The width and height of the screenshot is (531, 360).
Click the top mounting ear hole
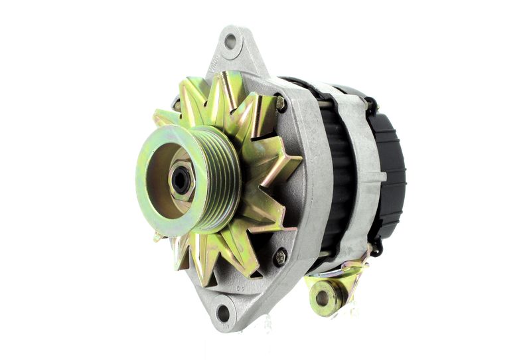coord(230,41)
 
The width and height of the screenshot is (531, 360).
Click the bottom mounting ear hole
coord(223,313)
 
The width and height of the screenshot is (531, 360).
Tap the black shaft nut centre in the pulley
coord(181,180)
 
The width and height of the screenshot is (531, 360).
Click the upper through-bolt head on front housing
coord(280,103)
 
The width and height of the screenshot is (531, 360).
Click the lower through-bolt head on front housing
coord(279,256)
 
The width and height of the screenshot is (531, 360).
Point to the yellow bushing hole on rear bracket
coord(323,298)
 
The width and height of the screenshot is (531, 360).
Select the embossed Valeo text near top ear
coord(214,67)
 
